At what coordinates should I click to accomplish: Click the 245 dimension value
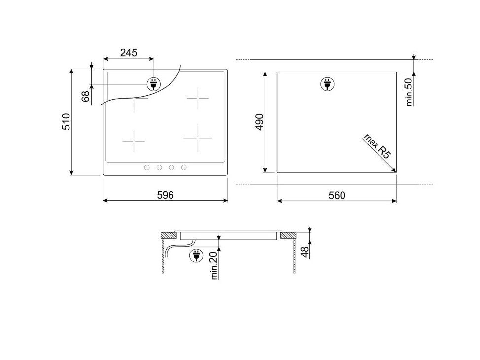(x=129, y=53)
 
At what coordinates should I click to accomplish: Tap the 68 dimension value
(x=86, y=96)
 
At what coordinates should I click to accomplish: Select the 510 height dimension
(x=66, y=122)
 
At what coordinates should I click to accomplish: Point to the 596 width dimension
(x=165, y=195)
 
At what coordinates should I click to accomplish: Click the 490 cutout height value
(x=259, y=122)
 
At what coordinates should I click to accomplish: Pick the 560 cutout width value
(x=337, y=195)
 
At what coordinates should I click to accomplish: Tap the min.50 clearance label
(x=410, y=92)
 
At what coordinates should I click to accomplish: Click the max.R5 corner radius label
(x=377, y=146)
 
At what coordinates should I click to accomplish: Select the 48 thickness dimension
(x=305, y=252)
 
